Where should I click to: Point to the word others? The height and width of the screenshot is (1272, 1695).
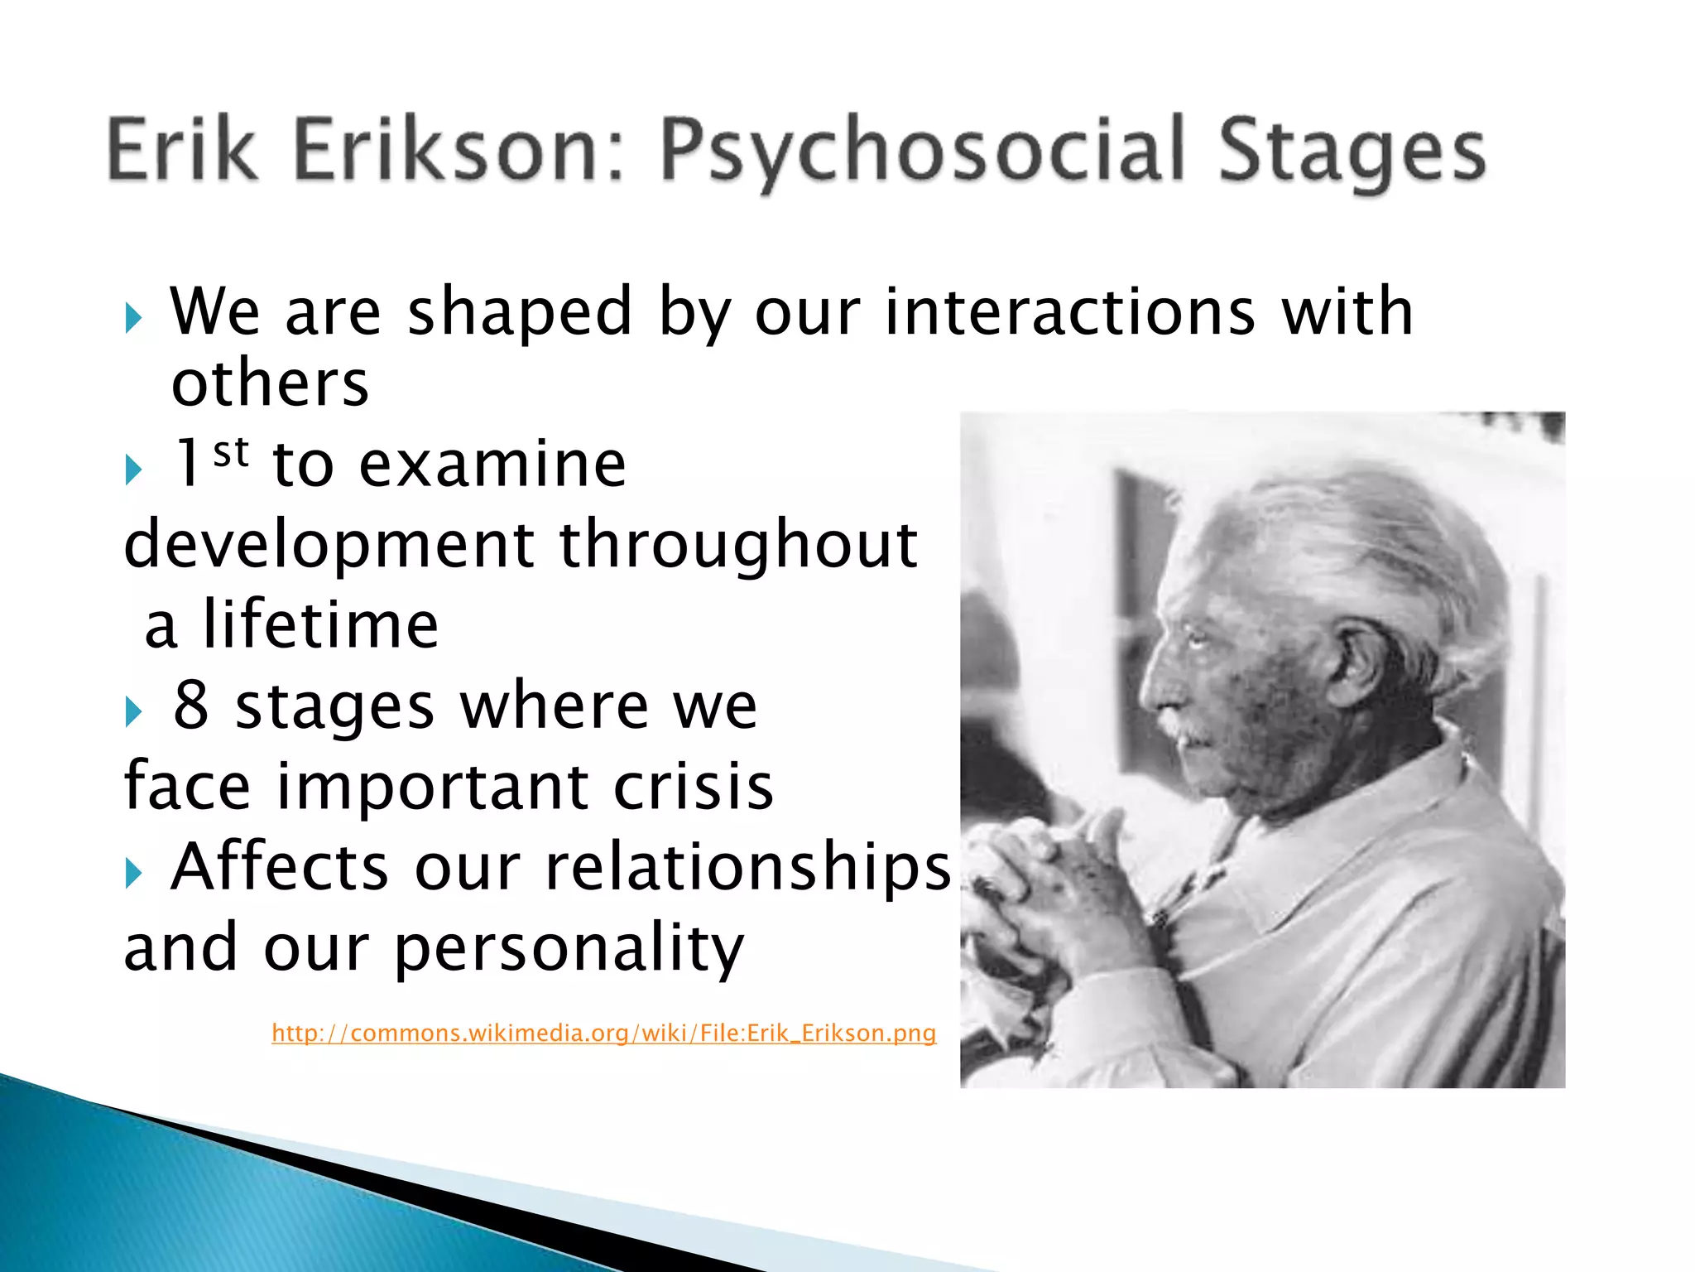tap(270, 384)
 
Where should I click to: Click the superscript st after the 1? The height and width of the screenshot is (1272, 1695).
tap(230, 453)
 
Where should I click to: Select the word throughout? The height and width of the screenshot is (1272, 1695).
tap(738, 546)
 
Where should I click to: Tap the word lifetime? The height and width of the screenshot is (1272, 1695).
tap(320, 625)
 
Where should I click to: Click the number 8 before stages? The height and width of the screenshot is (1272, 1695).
tap(191, 706)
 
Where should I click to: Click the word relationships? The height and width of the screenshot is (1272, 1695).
tap(748, 867)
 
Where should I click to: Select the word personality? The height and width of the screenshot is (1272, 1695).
tap(569, 948)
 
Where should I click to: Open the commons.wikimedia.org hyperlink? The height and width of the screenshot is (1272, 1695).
tap(603, 1033)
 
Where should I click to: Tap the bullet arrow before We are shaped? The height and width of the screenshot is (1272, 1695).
tap(134, 317)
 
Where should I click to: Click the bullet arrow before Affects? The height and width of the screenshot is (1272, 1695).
tap(134, 873)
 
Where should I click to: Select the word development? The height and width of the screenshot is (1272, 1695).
tap(329, 546)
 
